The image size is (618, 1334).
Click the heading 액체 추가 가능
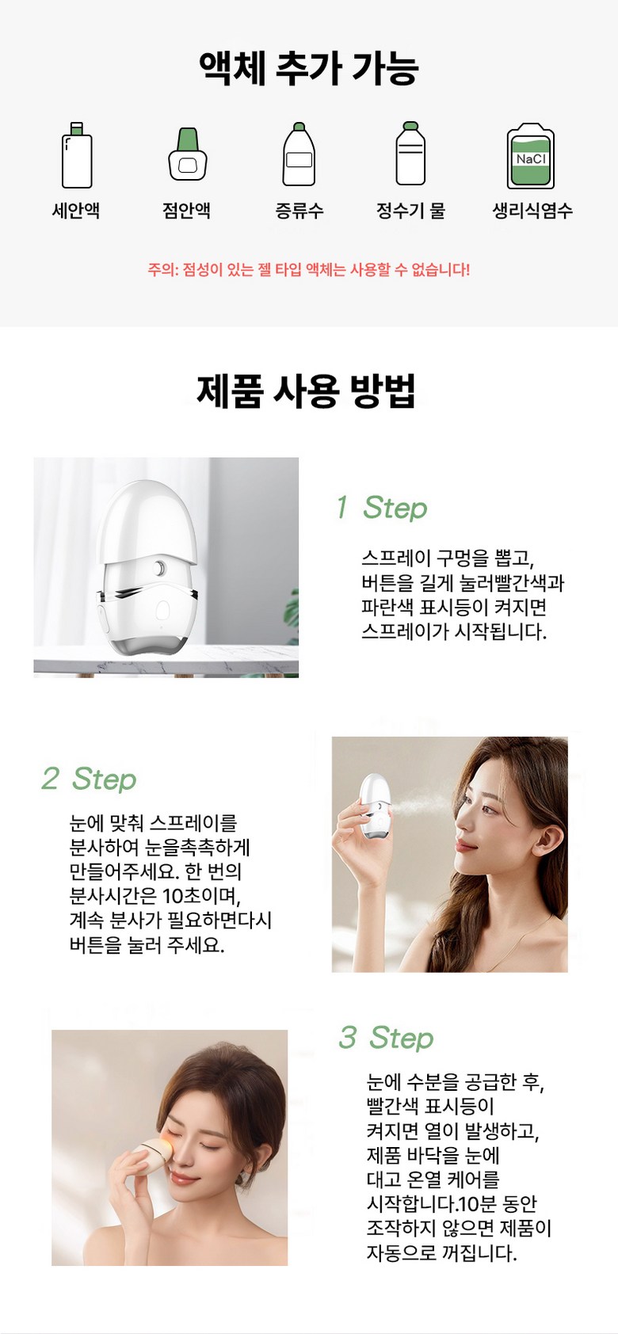tap(308, 68)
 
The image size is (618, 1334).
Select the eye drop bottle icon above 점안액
tap(188, 154)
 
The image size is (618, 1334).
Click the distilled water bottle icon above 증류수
tap(299, 154)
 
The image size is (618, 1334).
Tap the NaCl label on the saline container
tap(531, 159)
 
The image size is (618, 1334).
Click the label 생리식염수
tap(532, 210)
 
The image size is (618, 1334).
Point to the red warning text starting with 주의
tap(308, 270)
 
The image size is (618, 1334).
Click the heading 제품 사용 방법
tap(306, 391)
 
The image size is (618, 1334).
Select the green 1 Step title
tap(382, 508)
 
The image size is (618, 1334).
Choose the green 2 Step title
tap(90, 779)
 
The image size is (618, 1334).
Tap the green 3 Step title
tap(386, 1038)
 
